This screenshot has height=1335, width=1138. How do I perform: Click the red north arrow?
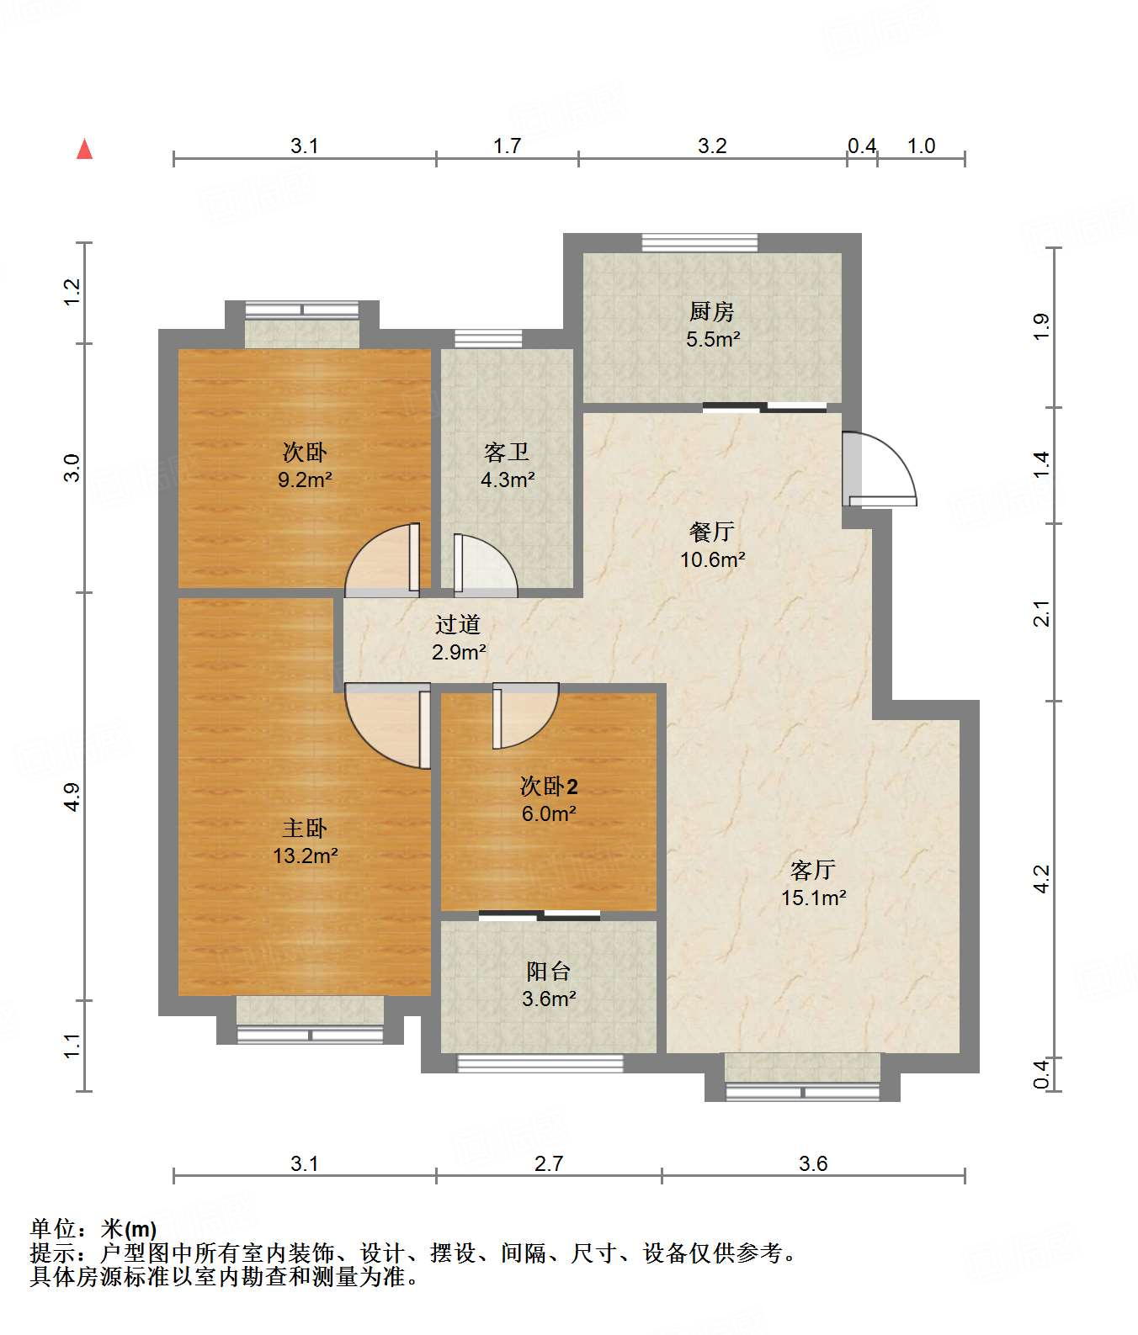[x=84, y=149]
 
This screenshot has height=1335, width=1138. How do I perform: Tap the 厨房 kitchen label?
[x=712, y=312]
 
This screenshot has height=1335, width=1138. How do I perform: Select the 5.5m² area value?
[x=713, y=339]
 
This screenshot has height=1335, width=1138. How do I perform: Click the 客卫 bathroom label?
[x=507, y=453]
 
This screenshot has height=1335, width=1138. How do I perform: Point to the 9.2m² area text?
[x=305, y=480]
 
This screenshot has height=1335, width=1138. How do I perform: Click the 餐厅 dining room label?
[x=712, y=532]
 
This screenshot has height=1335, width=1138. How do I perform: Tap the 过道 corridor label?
[x=458, y=624]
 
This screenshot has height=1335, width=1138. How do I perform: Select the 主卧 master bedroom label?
[x=305, y=829]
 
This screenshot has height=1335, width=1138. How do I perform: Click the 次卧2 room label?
[x=549, y=787]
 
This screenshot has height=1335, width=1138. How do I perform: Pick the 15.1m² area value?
[x=813, y=898]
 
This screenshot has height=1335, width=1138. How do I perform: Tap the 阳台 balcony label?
[x=549, y=972]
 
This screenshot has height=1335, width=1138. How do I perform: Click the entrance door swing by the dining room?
[x=880, y=469]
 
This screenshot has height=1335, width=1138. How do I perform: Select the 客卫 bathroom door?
[x=486, y=565]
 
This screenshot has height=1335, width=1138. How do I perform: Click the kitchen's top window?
[x=699, y=242]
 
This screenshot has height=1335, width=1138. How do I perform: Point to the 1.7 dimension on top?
[x=507, y=146]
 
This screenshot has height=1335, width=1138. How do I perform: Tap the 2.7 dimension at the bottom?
[x=549, y=1163]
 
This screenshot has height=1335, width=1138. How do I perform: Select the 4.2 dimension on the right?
[x=1042, y=879]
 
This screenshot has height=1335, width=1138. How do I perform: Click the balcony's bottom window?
[x=540, y=1063]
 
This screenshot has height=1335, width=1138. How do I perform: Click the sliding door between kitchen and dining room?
[x=764, y=408]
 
